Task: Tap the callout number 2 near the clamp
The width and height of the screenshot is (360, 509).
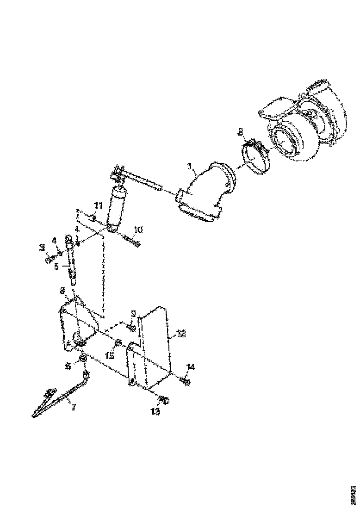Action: tap(240, 132)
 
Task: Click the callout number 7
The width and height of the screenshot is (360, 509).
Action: tap(72, 407)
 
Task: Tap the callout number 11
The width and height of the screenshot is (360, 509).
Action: tap(98, 205)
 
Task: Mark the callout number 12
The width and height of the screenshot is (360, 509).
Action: tap(181, 333)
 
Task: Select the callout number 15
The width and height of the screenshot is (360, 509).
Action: tap(110, 356)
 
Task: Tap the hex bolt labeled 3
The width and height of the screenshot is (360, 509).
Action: tap(49, 261)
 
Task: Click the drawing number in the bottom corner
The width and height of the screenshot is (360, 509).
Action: tap(353, 492)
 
